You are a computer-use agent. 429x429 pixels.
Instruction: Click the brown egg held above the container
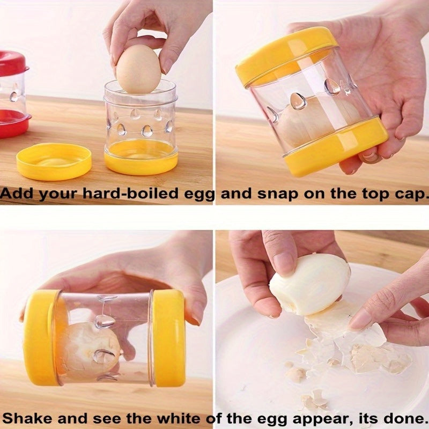[x=138, y=69]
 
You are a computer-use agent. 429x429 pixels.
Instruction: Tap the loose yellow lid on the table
[x=54, y=161]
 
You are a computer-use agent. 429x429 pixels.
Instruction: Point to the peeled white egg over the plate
[x=309, y=284]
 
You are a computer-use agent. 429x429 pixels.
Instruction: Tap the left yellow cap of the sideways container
[x=40, y=337]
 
